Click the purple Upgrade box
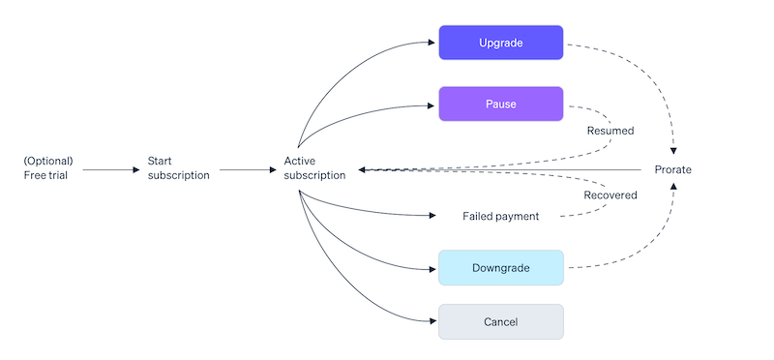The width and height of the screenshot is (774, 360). pos(500,43)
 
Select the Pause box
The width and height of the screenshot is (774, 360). pos(500,104)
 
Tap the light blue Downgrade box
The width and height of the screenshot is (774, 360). pos(500,267)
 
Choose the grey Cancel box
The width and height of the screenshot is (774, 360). pos(500,321)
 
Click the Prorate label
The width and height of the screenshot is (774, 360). pos(672,170)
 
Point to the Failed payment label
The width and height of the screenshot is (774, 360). pos(500,216)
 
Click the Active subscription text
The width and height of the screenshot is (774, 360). pos(314,168)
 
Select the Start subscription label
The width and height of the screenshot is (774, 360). pos(178,168)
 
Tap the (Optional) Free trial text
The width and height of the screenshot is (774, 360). pos(48,168)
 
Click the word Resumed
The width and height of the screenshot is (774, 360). pos(610,130)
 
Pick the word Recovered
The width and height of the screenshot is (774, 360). pos(610,195)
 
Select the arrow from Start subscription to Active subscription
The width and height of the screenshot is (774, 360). pos(248,170)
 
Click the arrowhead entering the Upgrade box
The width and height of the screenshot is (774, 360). pos(432,43)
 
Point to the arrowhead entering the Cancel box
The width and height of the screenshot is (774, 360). pos(432,321)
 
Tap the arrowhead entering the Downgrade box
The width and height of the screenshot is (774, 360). pos(432,267)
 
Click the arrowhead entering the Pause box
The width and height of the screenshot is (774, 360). pos(432,104)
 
